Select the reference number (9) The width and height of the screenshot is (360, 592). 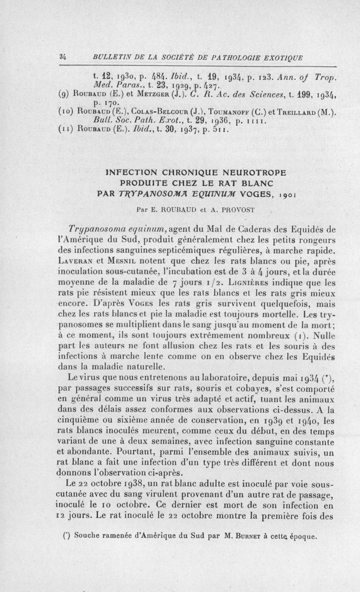[x=64, y=95]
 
